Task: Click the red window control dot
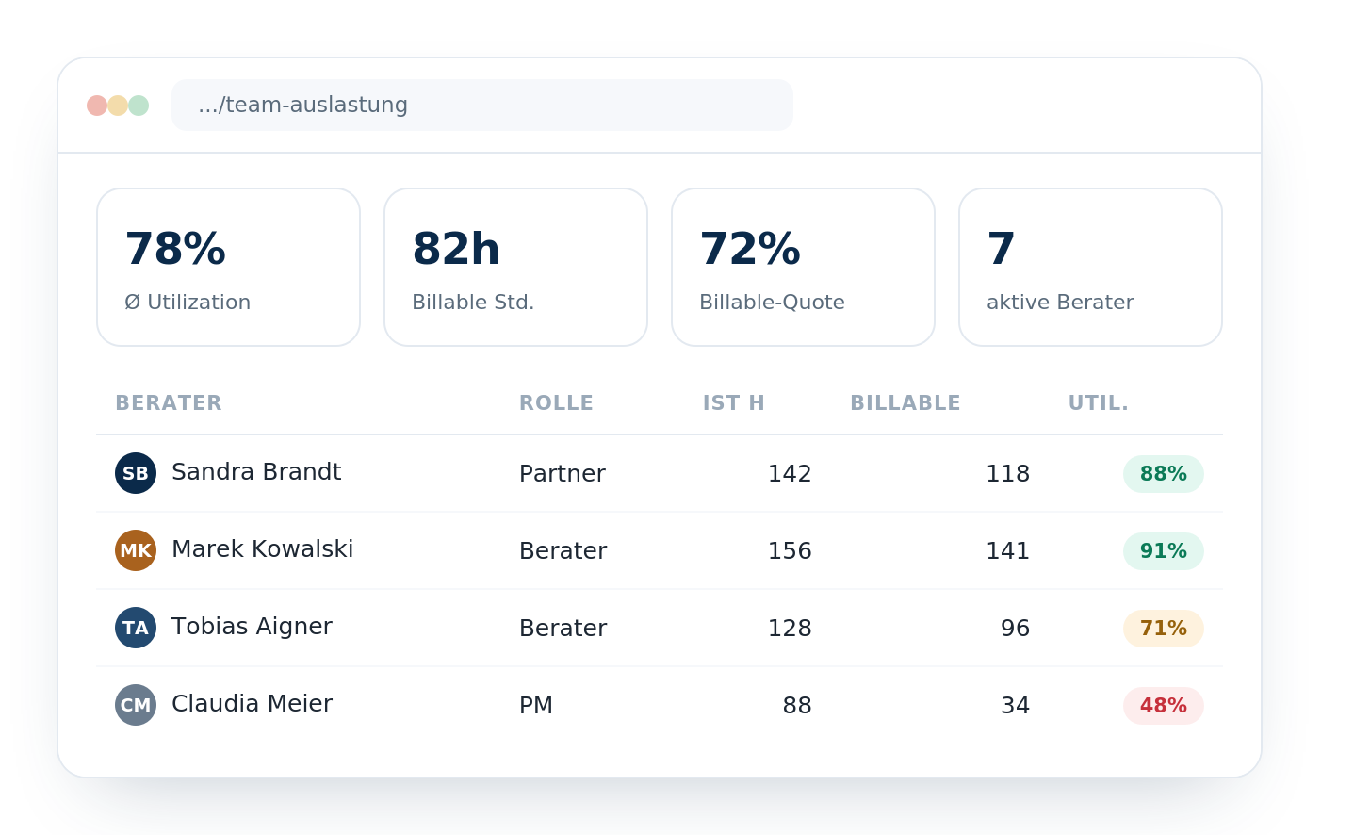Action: (97, 106)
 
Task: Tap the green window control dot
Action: (139, 106)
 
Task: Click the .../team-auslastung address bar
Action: (481, 106)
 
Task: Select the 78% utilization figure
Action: (175, 249)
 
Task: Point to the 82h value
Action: (456, 249)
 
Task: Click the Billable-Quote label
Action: (772, 302)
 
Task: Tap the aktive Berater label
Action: (1060, 302)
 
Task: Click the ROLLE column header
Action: (556, 402)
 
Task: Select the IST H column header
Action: (734, 402)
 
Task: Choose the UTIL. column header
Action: (1099, 402)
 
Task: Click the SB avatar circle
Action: (136, 473)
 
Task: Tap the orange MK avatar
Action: (136, 550)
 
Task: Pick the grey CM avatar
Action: (136, 705)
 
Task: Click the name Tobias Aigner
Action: (253, 627)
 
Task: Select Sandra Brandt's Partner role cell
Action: (563, 473)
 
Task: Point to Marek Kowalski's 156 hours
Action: (790, 550)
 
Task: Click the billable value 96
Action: (1015, 629)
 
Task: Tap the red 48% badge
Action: (1164, 706)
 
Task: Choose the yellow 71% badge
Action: (1164, 629)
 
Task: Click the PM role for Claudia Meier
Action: (536, 706)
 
